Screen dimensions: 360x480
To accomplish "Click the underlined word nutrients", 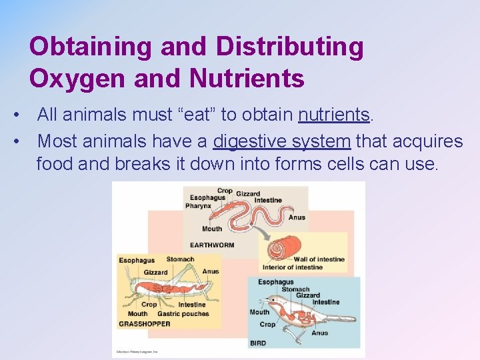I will pos(334,115).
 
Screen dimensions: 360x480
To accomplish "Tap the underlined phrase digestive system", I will pos(281,141).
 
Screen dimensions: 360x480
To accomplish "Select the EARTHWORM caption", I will pos(212,245).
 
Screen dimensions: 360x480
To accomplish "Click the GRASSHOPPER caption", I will pos(145,324).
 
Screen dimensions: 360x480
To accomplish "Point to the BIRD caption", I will pos(258,343).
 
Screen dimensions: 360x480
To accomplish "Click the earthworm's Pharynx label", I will pos(199,206).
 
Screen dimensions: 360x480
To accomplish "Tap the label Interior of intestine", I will pos(292,268).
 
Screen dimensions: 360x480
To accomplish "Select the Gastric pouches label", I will pos(183,314).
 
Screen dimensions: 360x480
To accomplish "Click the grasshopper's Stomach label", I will pos(180,260).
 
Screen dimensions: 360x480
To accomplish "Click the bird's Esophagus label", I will pos(275,282).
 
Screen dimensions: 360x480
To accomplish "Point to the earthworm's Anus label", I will pos(297,217).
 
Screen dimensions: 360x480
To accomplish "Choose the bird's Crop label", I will pos(267,325).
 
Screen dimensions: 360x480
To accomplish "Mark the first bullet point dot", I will pos(15,115).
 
